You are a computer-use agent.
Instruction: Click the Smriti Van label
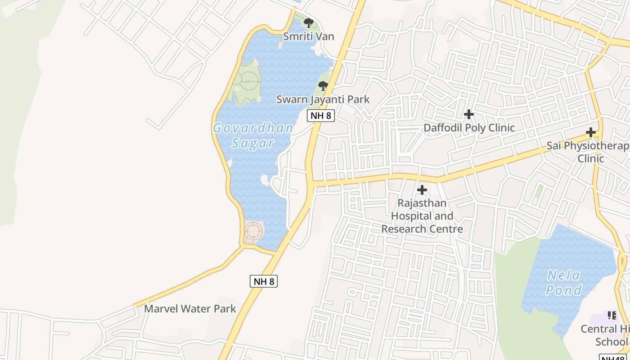[x=308, y=36]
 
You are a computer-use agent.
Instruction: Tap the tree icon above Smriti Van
[x=308, y=22]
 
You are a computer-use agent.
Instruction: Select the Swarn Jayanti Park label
[x=323, y=99]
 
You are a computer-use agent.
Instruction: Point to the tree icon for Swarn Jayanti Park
[x=323, y=85]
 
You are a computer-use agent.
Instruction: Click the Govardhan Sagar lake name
[x=253, y=135]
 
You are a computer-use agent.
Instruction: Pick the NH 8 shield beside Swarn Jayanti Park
[x=321, y=116]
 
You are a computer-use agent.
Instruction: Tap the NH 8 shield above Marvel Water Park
[x=264, y=281]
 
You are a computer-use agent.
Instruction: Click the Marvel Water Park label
[x=190, y=309]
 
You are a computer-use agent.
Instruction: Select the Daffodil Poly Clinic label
[x=469, y=128]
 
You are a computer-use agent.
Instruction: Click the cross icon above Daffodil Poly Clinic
[x=469, y=114]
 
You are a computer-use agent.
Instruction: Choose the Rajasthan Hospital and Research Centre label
[x=422, y=216]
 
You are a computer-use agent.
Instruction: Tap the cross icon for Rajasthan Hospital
[x=422, y=190]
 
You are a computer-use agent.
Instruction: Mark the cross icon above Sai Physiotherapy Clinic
[x=591, y=132]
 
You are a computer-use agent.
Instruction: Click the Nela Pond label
[x=564, y=283]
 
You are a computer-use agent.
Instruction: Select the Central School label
[x=606, y=335]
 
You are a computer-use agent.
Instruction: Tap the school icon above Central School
[x=612, y=315]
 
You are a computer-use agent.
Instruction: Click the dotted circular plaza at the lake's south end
[x=253, y=232]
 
